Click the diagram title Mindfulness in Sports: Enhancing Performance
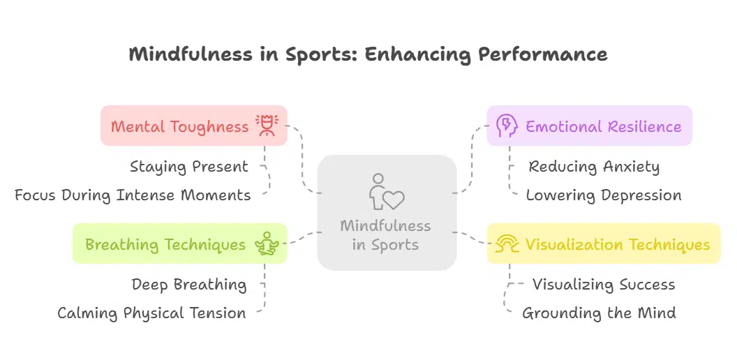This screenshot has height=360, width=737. point(368,54)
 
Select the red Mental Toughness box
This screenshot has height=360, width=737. point(179,126)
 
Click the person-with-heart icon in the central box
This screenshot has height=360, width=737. point(386,192)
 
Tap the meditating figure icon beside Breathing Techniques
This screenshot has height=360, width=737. point(267,244)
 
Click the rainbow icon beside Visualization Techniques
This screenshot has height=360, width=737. point(507,244)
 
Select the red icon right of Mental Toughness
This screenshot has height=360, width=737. point(267,126)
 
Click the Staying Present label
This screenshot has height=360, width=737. point(188,167)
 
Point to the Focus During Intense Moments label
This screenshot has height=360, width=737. point(133,195)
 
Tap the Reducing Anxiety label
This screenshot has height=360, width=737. point(594,167)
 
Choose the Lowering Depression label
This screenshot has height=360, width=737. point(604,195)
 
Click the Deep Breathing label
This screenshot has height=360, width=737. point(188,285)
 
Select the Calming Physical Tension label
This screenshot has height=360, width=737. point(151,313)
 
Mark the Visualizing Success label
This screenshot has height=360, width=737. point(604,285)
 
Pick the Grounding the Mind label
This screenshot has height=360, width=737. point(599,313)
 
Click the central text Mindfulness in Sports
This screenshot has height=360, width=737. point(385,236)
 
